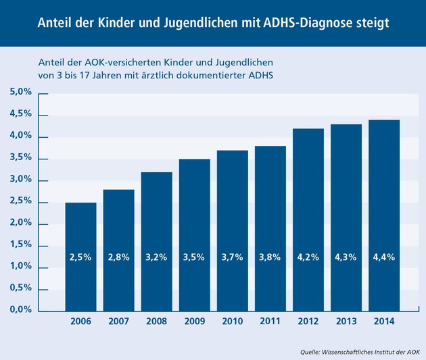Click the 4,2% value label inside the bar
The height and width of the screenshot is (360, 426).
307,257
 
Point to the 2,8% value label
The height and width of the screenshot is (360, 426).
118,257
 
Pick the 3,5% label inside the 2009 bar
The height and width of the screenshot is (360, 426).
194,257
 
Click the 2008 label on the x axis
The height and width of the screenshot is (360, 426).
156,322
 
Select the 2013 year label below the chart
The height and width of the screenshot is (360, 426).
345,322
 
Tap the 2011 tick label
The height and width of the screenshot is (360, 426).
270,322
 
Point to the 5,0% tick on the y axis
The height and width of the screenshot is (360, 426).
20,93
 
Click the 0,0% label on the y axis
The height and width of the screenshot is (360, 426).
20,310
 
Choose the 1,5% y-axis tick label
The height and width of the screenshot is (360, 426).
20,245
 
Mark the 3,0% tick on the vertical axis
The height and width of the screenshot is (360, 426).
20,180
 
